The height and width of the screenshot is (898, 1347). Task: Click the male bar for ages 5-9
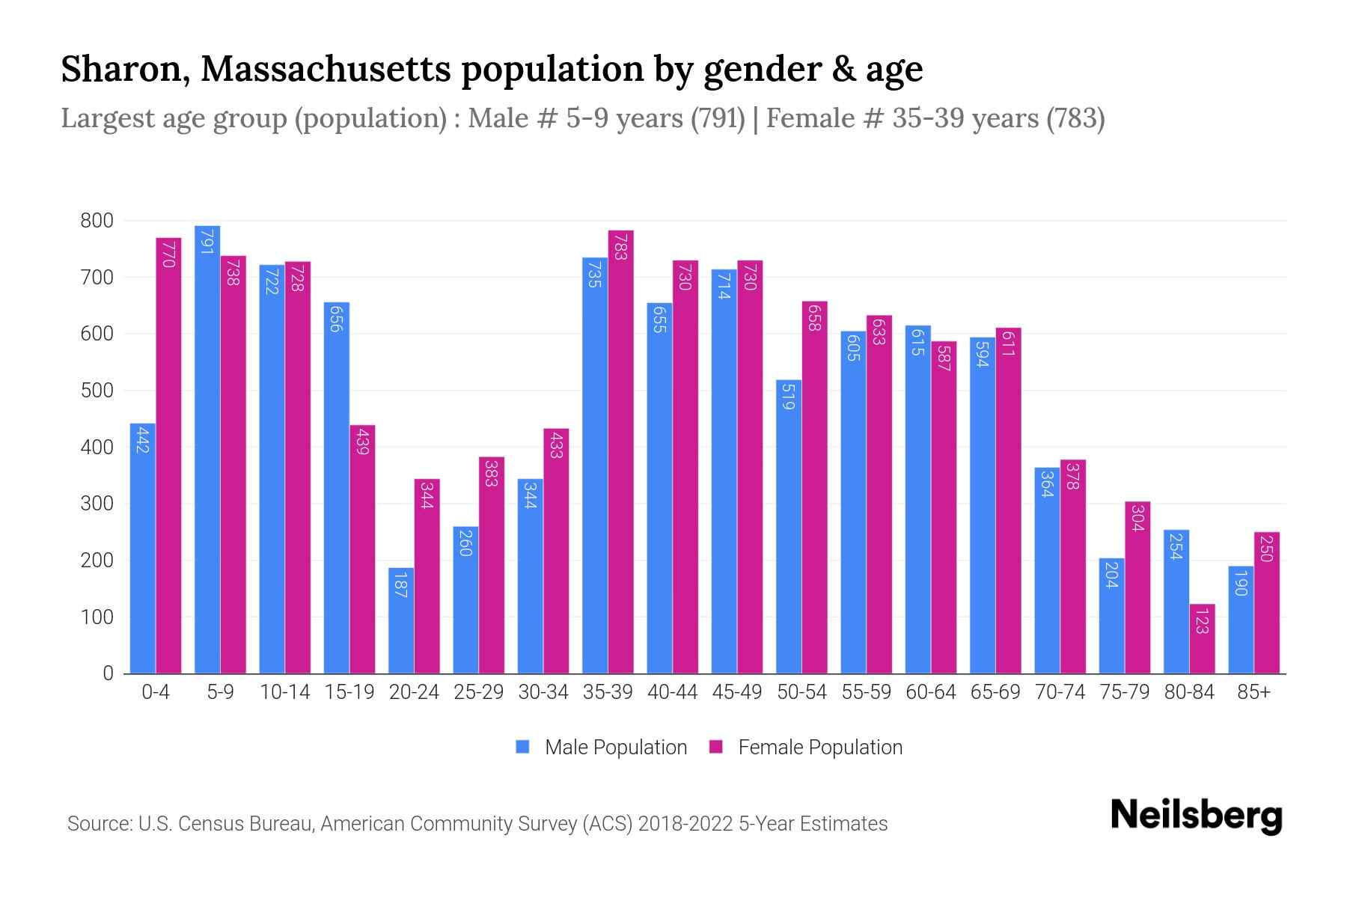tap(207, 449)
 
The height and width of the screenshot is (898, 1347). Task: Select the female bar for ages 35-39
tap(620, 452)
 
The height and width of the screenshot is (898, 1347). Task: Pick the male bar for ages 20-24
tap(400, 620)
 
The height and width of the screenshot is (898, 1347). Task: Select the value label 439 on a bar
tap(363, 441)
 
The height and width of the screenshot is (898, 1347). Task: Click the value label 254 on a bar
tap(1175, 546)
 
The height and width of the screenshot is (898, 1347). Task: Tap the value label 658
tap(815, 317)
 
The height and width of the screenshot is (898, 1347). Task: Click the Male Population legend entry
tap(602, 748)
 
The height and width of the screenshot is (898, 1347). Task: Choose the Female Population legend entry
tap(805, 748)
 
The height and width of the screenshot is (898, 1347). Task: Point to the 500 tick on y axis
tap(97, 391)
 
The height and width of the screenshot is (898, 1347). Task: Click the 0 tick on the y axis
tap(108, 673)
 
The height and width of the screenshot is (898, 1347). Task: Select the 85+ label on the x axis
tap(1253, 692)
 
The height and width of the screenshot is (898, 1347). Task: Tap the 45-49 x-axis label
tap(736, 692)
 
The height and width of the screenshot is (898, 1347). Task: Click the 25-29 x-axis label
tap(478, 692)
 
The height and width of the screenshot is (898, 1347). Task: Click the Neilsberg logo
tap(1196, 816)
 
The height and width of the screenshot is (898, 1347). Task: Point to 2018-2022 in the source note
tap(685, 824)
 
